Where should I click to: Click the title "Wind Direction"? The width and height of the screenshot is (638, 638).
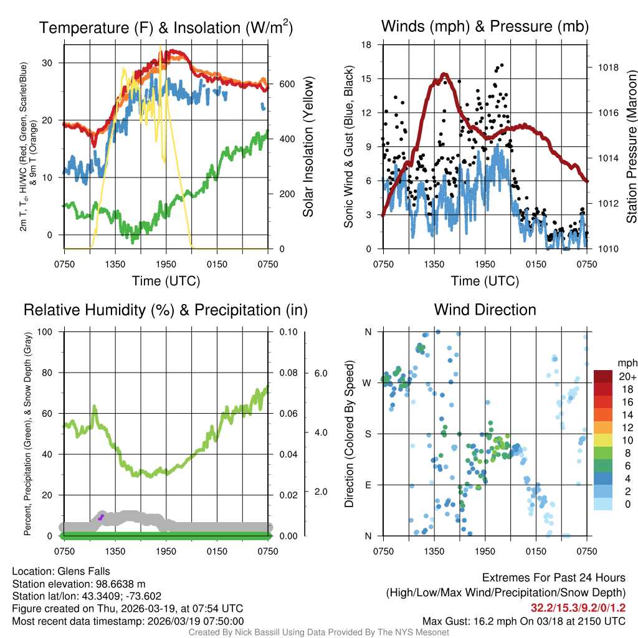485,310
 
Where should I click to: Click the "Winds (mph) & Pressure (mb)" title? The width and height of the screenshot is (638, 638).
485,26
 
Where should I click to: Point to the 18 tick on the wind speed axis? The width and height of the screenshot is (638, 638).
366,45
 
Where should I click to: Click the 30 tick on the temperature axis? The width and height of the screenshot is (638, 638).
50,63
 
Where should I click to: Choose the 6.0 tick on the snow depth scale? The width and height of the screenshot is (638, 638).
320,373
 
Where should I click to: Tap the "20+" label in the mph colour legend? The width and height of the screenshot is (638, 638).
626,376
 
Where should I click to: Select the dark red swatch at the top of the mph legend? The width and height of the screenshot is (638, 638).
603,376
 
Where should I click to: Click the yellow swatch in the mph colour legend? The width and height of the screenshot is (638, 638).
603,440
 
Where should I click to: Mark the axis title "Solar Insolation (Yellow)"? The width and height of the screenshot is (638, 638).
308,147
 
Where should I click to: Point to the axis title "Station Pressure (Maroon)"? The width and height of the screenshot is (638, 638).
631,147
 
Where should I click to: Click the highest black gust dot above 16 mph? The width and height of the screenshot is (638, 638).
502,65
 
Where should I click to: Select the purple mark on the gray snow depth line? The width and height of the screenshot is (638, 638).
101,517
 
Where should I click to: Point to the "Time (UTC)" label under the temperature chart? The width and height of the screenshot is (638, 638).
166,281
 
